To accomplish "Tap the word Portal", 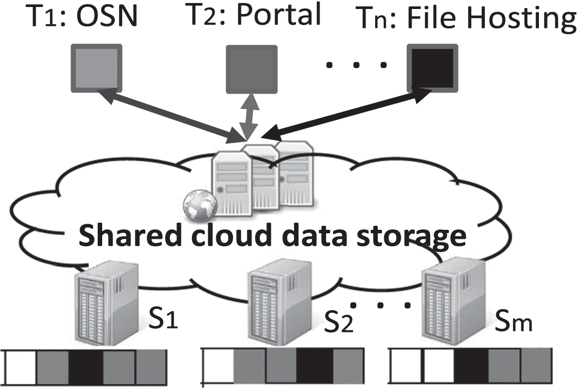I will coord(278,15).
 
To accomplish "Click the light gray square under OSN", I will coord(96,68).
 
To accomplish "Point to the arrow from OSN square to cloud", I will coord(168,114).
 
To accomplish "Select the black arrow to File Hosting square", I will coord(346,112).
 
